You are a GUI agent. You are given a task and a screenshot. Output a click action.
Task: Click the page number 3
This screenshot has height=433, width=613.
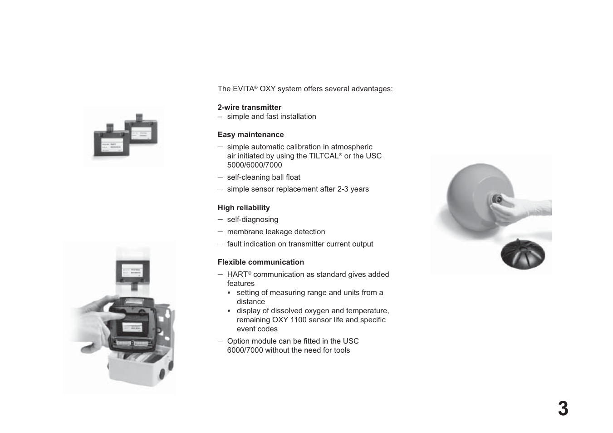pos(563,409)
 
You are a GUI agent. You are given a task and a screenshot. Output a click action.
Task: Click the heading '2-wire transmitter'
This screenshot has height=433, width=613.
pos(249,108)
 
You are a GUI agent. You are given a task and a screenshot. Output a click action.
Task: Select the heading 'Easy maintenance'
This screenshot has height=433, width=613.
pos(250,135)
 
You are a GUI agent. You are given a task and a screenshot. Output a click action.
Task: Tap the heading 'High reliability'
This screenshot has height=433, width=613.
pos(244,208)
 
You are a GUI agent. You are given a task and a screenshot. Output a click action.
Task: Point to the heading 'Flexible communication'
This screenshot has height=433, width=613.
pos(260,262)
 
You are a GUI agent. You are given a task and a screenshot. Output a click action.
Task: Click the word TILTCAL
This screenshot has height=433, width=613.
pos(324,156)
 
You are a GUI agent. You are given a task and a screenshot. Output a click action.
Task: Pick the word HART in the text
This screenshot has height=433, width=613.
pos(237,275)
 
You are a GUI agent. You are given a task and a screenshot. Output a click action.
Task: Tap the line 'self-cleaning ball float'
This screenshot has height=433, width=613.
pos(264,177)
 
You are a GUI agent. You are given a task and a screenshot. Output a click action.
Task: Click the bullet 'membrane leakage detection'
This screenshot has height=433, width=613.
pos(276,232)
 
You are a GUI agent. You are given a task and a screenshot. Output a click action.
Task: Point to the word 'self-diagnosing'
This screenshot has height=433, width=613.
pos(253,220)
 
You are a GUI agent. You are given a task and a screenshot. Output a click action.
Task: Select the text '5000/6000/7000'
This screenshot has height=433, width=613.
pos(255,165)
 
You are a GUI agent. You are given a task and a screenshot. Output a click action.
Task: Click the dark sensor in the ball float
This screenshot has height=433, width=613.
pos(497,200)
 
